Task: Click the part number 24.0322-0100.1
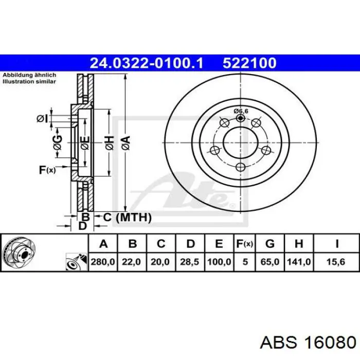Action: pos(147,63)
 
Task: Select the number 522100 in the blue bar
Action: pos(249,63)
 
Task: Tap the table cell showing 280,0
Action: pos(103,262)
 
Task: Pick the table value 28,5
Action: pos(189,262)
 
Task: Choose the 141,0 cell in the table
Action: pos(299,262)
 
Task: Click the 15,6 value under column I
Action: pos(336,262)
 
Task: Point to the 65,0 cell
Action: pos(270,262)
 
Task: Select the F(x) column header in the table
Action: pos(244,244)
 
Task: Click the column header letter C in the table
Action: pos(161,244)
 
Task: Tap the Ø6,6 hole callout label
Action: pos(241,111)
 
